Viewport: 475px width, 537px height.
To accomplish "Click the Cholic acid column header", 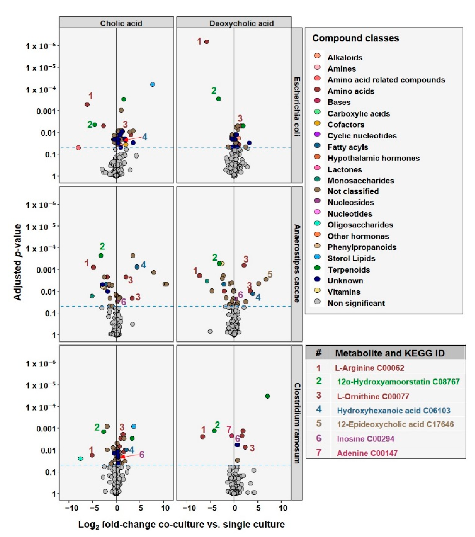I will point(121,23).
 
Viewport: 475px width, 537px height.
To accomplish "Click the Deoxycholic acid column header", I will point(241,23).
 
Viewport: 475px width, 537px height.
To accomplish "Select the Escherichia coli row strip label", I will point(297,106).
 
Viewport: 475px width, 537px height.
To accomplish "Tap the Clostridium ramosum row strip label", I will point(297,423).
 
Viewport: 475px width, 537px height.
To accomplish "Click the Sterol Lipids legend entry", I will point(351,258).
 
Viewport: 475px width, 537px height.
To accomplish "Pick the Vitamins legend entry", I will point(344,292).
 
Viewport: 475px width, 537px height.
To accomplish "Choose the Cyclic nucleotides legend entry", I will point(362,136).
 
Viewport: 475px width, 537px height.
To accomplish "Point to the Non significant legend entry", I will point(356,303).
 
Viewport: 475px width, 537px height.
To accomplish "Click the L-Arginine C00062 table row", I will point(369,368).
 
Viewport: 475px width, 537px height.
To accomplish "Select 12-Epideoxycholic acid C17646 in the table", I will point(395,424).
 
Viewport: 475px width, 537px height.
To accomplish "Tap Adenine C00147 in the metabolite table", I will point(367,453).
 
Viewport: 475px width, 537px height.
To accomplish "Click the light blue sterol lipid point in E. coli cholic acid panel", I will point(153,84).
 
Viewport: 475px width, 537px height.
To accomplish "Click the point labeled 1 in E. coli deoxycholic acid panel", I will point(207,42).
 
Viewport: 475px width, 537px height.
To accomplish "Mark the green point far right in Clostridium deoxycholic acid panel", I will point(268,396).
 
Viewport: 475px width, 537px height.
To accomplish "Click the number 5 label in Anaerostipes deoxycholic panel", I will point(270,275).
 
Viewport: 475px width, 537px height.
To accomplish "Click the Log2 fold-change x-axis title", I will point(181,524).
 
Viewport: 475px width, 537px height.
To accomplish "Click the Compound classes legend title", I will point(355,38).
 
